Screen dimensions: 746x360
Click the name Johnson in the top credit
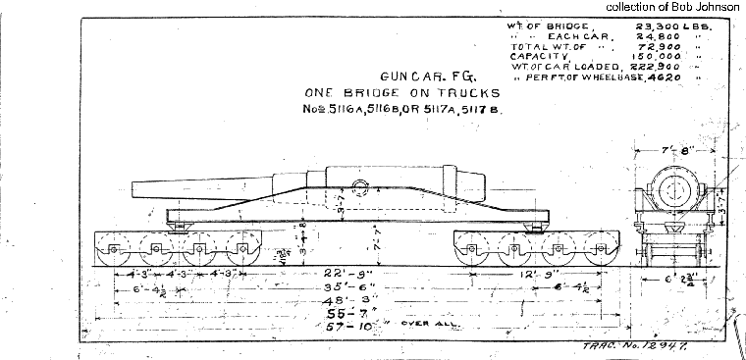(x=718, y=8)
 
